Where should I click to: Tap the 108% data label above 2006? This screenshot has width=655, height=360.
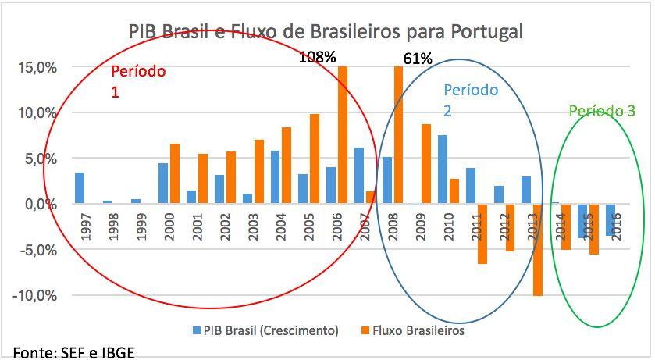coord(317,57)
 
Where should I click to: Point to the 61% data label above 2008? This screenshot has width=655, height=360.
coord(418,58)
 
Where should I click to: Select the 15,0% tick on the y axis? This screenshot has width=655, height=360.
coord(37,67)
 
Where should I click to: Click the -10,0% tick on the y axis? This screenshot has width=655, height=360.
coord(34,296)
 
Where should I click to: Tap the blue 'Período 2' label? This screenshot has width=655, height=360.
coord(470,100)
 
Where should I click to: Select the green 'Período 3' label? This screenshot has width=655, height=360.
coord(601,112)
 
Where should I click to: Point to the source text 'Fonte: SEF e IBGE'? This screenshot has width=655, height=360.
coord(68,352)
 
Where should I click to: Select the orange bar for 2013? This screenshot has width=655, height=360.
coord(538,250)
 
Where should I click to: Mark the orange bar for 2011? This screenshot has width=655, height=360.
coord(482,233)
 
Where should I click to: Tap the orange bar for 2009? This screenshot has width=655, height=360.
coord(426,164)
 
